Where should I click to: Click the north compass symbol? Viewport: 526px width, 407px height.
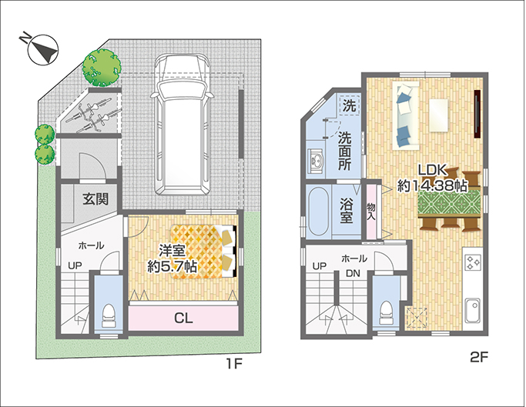pos(43,49)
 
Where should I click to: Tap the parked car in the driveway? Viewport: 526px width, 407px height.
pos(183,125)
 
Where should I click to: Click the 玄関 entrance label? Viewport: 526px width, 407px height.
pos(96,199)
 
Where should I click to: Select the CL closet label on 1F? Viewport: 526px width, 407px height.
pos(183,318)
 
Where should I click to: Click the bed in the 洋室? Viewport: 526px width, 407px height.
pos(204,252)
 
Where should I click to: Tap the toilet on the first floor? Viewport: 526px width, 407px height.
pos(108,315)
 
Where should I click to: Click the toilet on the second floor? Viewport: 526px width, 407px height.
pos(386,313)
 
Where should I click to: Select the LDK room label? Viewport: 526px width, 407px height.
pos(432,170)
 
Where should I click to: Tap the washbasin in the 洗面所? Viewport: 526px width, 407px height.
pos(316,162)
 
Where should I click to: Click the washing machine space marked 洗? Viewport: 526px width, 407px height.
pos(349,105)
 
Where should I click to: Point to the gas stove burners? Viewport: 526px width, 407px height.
pos(473,262)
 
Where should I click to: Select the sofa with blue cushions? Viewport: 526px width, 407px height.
pos(406,115)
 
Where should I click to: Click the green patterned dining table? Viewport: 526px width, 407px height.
pos(449,204)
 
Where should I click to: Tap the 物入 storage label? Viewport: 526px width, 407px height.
pos(370,212)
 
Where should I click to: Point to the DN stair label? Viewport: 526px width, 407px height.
pos(353,274)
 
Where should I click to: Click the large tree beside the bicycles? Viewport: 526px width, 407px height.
pos(102,68)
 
